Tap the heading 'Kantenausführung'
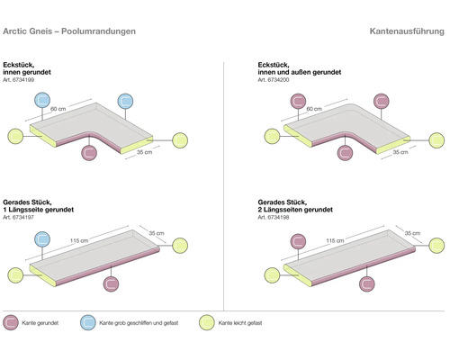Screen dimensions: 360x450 coord(406,31)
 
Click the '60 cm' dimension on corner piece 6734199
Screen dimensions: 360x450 coord(58,108)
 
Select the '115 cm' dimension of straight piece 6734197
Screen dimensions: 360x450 coord(78,241)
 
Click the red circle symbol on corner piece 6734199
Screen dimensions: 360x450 coord(90,153)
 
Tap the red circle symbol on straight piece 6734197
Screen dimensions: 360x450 coord(110,283)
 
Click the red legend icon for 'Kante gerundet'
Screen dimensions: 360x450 coord(13,321)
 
